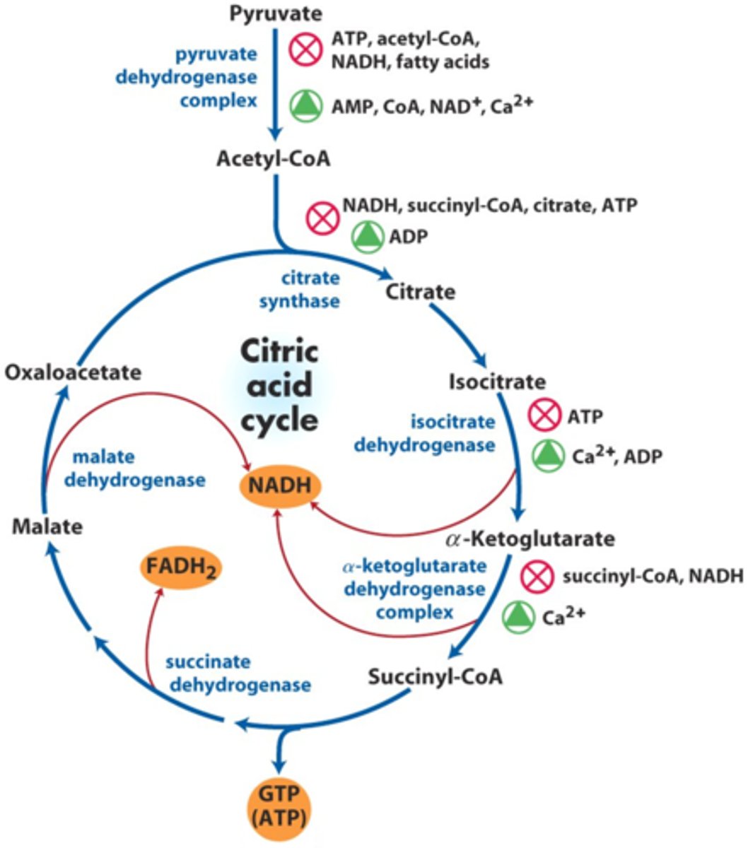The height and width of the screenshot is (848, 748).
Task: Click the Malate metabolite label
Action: tap(47, 526)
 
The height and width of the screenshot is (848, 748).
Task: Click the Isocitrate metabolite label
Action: tap(497, 382)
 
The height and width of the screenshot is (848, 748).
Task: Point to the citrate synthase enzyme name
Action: tap(299, 289)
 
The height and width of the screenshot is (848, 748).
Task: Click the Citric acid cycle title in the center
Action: tap(279, 385)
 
